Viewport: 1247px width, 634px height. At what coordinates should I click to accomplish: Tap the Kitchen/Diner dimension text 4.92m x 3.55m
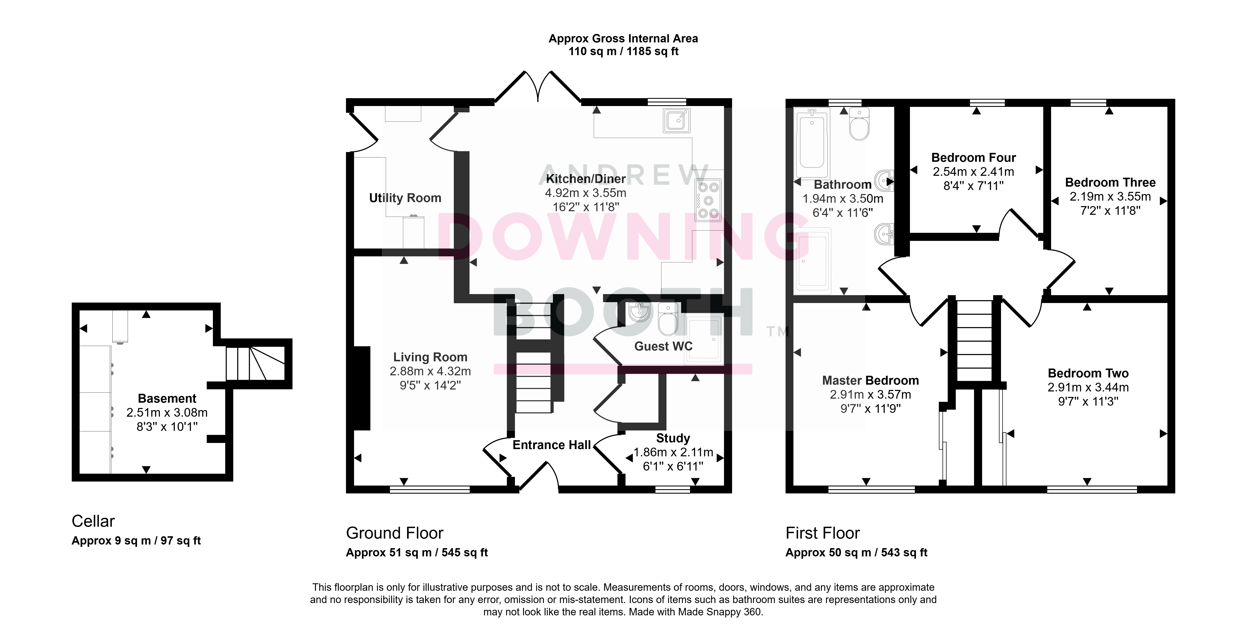[x=586, y=193]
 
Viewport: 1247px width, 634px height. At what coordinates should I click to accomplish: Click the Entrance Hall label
[x=552, y=445]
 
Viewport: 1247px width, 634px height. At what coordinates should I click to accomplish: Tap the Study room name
[x=673, y=438]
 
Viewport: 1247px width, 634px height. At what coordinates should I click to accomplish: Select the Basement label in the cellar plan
[x=167, y=398]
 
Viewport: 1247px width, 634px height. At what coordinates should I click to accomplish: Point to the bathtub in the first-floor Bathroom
[x=812, y=144]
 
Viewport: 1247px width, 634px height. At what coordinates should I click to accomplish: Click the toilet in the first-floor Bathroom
[x=859, y=124]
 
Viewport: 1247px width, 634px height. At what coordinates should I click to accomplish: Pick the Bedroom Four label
[x=973, y=158]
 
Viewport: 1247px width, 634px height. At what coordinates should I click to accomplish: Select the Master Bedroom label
[x=870, y=381]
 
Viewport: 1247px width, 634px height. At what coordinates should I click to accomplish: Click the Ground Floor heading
[x=395, y=533]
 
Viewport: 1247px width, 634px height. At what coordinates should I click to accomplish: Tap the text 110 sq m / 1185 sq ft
[x=624, y=51]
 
